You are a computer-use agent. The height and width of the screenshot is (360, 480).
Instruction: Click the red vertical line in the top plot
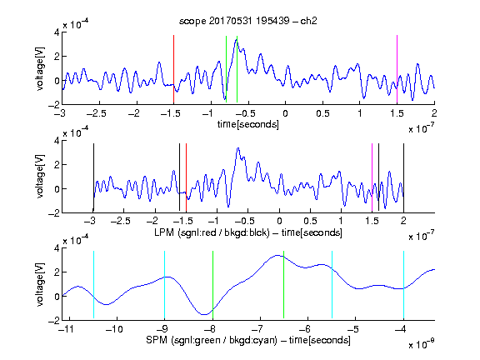[173, 69]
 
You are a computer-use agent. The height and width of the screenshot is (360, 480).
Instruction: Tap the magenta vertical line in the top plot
[397, 69]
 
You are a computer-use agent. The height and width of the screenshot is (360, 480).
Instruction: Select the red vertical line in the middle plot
[186, 177]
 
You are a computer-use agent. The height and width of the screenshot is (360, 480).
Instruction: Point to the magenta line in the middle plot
[372, 177]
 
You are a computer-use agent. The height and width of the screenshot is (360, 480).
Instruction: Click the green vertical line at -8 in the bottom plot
[212, 285]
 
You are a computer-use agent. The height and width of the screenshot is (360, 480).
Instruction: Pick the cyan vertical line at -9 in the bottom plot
[165, 285]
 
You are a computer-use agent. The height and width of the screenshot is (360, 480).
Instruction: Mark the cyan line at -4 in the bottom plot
[404, 285]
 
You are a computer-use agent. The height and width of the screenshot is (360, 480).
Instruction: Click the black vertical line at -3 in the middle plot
[93, 177]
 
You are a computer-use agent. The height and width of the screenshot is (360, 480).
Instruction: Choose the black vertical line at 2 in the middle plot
[404, 177]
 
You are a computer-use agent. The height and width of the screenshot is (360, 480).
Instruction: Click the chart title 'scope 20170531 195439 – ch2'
[248, 21]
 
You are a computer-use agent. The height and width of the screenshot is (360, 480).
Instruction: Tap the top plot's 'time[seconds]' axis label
[248, 124]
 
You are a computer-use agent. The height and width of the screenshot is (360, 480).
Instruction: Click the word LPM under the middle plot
[164, 232]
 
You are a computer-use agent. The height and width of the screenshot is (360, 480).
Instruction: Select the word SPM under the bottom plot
[157, 340]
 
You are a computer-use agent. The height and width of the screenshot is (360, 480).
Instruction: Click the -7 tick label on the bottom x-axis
[257, 329]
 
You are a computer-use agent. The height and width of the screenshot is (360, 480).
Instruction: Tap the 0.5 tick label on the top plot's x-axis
[322, 113]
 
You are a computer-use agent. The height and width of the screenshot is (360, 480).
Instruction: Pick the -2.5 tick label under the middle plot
[121, 221]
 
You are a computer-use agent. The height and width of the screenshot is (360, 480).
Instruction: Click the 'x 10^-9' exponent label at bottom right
[422, 343]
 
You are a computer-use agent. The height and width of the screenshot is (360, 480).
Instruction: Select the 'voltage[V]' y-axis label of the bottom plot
[40, 285]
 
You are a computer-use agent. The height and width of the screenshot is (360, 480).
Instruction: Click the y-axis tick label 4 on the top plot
[57, 32]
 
